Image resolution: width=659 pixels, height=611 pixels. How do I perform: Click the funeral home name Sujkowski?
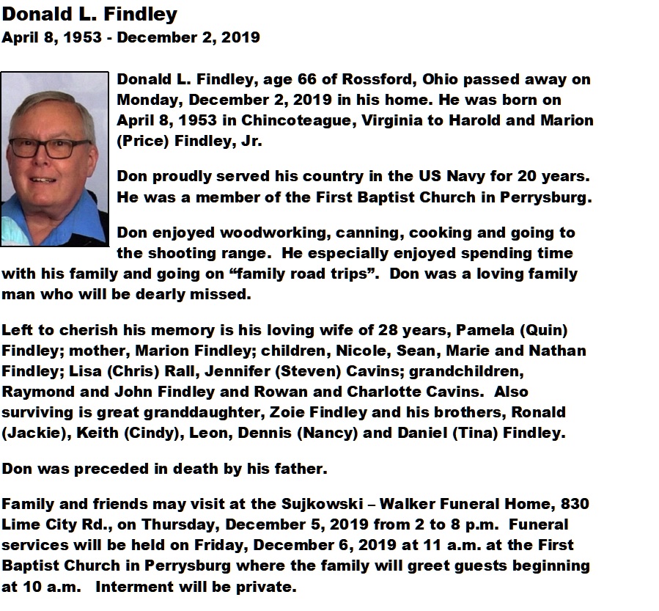tap(324, 504)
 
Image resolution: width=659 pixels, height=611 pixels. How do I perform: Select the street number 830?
tap(575, 504)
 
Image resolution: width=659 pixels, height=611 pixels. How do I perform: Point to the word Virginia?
tap(389, 120)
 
